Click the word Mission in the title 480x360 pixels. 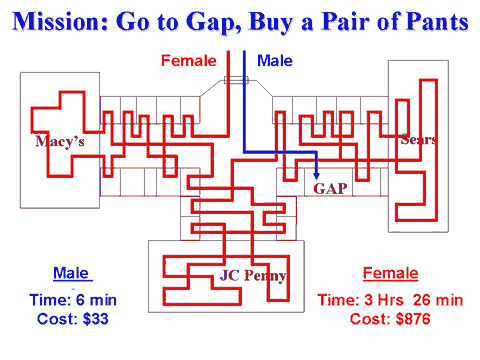click(x=60, y=22)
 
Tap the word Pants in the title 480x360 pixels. click(x=438, y=22)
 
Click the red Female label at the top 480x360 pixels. click(x=189, y=61)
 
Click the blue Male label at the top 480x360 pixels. click(x=275, y=61)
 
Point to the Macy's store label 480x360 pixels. click(x=60, y=142)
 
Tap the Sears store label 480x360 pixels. click(x=418, y=140)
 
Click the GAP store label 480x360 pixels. click(x=330, y=189)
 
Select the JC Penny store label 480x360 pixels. click(x=253, y=276)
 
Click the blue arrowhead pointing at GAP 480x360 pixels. click(x=316, y=176)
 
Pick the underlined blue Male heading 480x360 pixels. click(x=71, y=273)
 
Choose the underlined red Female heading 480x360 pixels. click(x=390, y=273)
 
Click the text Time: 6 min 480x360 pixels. click(x=73, y=300)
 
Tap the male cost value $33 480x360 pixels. click(x=96, y=319)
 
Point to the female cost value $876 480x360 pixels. click(x=413, y=319)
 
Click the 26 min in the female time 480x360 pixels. click(x=438, y=300)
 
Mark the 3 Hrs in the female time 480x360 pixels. click(x=384, y=300)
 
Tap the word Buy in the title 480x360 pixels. click(x=271, y=23)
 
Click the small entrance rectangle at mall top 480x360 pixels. click(x=236, y=80)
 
